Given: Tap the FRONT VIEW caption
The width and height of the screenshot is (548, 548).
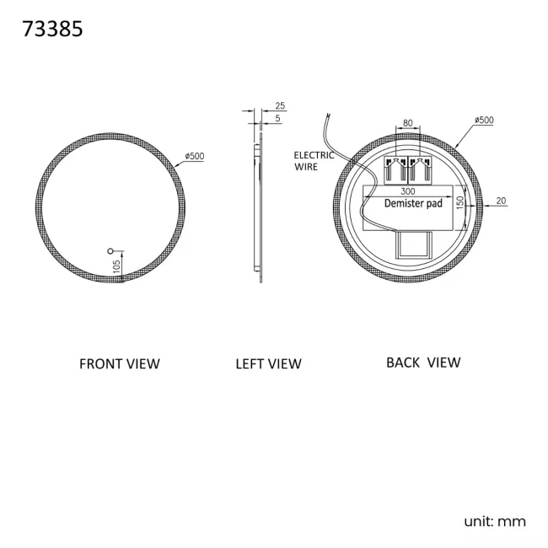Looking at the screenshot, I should (119, 364).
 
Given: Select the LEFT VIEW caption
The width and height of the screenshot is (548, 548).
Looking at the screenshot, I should (268, 364).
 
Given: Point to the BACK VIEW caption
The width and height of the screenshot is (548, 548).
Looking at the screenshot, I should (423, 363).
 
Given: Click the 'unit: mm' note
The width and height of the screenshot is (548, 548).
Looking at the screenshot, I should (495, 521).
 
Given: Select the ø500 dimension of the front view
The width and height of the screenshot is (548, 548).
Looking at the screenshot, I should (195, 156).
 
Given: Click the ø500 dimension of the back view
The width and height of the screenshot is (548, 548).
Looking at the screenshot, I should (484, 121).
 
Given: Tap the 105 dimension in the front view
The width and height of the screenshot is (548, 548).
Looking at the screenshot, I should (117, 266).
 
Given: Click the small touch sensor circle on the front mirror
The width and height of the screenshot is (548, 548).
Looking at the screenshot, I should (110, 250).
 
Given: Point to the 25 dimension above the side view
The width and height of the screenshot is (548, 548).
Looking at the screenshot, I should (280, 106).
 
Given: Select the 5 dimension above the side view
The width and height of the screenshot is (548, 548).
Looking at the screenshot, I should (278, 119).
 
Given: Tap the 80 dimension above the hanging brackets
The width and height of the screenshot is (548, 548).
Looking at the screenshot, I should (408, 123).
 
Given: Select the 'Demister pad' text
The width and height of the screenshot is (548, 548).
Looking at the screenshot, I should (413, 204).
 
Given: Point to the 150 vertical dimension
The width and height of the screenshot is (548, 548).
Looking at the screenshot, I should (460, 204).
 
